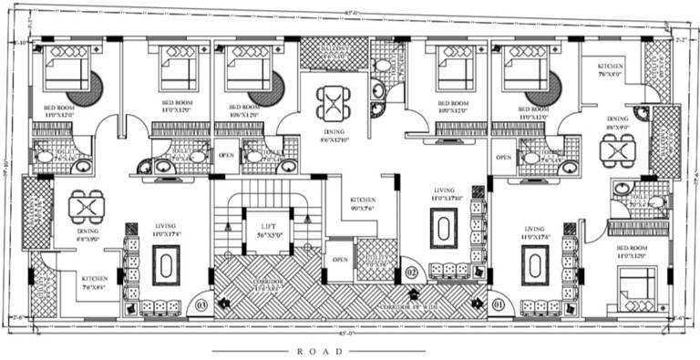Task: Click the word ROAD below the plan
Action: (318, 350)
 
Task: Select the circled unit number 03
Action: (202, 304)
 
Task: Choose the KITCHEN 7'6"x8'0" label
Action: (610, 71)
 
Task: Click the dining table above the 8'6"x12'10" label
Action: (334, 102)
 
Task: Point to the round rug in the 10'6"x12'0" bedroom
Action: (267, 89)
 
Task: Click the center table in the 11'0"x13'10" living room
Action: (444, 228)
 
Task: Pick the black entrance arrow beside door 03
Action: (222, 302)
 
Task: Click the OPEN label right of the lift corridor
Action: (339, 258)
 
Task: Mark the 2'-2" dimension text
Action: (679, 41)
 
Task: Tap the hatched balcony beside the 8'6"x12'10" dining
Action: (334, 53)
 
